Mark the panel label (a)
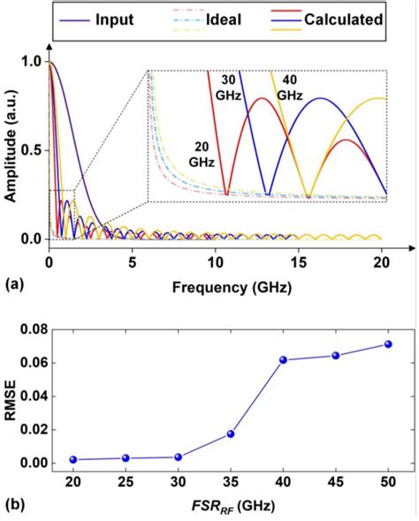click(14, 286)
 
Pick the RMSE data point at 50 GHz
click(388, 344)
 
